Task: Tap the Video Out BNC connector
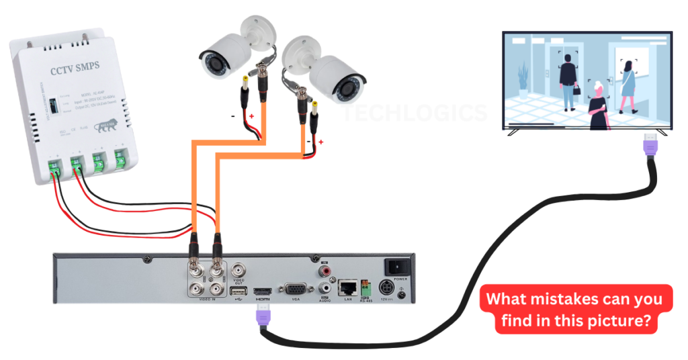(x=239, y=270)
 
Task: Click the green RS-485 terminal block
(x=366, y=287)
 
